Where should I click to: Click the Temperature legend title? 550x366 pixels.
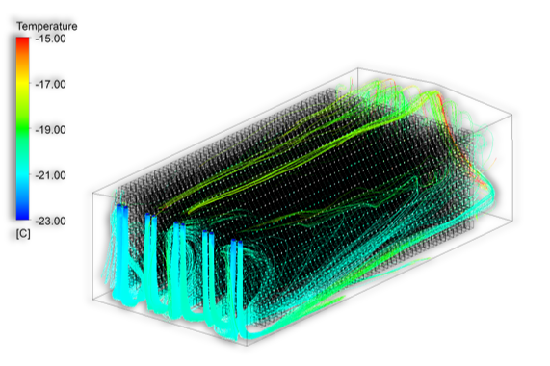click(x=47, y=26)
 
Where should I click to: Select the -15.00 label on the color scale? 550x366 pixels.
click(x=50, y=39)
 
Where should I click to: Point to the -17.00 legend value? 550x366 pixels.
click(x=50, y=84)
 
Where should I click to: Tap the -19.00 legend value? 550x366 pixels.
click(x=50, y=130)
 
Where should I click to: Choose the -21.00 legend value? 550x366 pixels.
click(x=50, y=175)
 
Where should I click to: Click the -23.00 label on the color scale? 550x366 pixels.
click(x=50, y=221)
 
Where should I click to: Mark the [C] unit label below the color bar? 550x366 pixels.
click(x=23, y=234)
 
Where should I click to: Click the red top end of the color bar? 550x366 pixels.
click(x=22, y=39)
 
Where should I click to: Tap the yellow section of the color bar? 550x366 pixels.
click(x=22, y=84)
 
